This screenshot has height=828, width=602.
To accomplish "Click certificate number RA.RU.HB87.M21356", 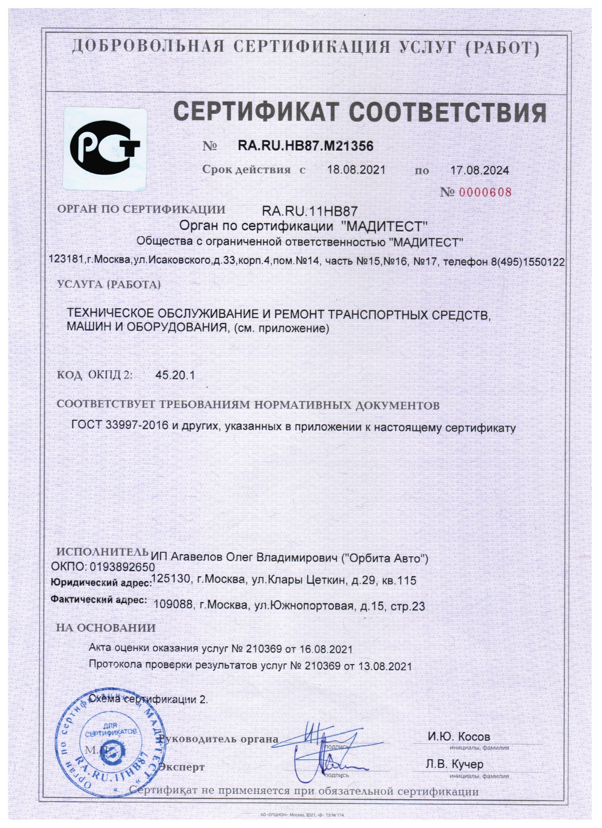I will [306, 146].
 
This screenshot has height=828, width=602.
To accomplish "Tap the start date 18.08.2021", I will [356, 170].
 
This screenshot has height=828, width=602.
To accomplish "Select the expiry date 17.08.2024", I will [480, 170].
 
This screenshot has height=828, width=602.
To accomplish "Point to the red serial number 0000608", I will [485, 192].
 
